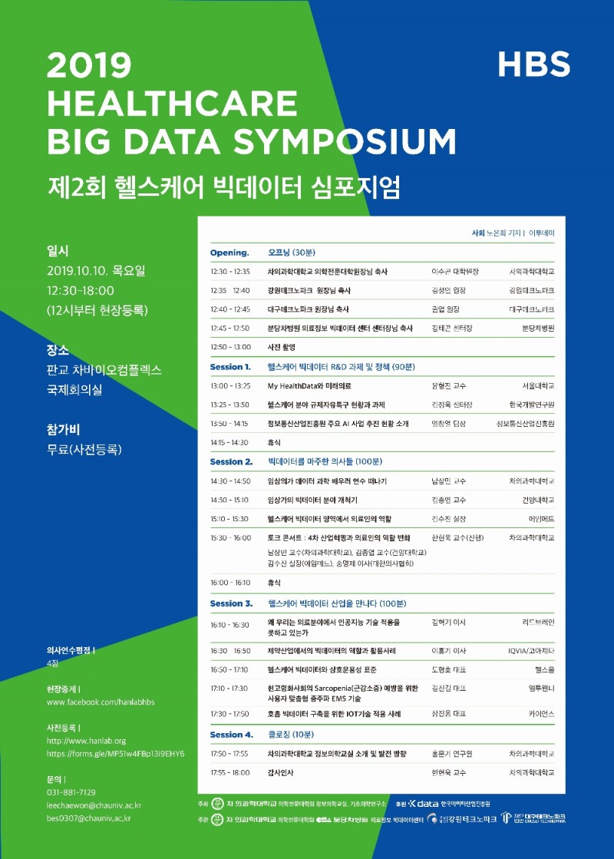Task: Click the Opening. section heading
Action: [229, 252]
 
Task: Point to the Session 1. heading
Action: [230, 367]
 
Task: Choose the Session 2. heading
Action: [231, 462]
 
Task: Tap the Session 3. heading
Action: [231, 603]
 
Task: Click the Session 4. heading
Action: [231, 735]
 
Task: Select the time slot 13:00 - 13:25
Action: [230, 385]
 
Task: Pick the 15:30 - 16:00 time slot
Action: [230, 538]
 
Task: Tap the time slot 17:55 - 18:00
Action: [230, 772]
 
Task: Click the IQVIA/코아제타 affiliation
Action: [530, 650]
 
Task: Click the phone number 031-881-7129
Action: [71, 791]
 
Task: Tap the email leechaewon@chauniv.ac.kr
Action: [94, 805]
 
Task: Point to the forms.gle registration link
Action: [115, 754]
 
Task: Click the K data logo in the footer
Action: [423, 803]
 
